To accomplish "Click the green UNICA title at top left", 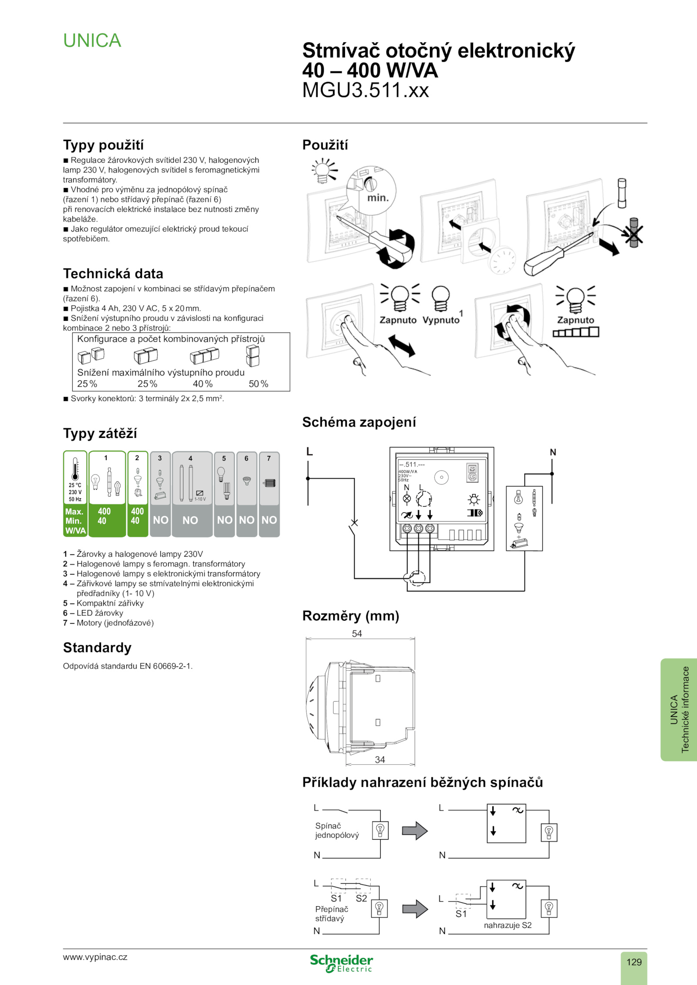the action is click(92, 40).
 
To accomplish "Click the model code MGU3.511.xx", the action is click(365, 90).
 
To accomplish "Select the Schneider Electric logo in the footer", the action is click(342, 963).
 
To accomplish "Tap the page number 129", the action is click(634, 961).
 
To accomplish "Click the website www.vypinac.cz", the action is click(95, 957).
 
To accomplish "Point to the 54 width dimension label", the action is click(357, 633).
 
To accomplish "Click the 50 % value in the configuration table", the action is click(258, 384).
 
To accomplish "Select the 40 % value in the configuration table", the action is click(203, 384).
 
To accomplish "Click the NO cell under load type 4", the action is click(190, 520).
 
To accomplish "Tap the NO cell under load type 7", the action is click(269, 520).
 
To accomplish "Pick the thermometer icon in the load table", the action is click(75, 469).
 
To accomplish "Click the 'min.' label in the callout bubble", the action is click(378, 198).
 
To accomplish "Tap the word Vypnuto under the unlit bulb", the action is click(441, 320).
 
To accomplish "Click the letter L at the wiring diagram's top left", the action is click(310, 451).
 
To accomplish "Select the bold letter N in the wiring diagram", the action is click(553, 452).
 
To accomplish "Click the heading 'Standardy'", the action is click(97, 648).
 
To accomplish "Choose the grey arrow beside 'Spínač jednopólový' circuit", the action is click(415, 831).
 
